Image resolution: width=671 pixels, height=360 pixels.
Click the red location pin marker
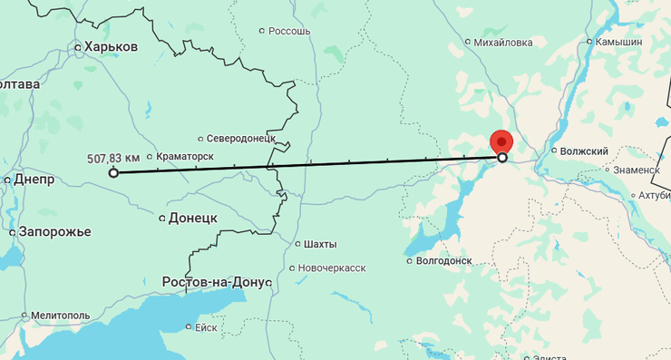tap(501, 141)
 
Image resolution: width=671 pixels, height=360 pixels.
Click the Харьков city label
tap(110, 47)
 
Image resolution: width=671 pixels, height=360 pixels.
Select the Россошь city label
tap(290, 31)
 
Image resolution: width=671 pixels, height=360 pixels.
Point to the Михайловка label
tap(503, 42)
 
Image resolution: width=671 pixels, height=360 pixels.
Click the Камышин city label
tap(618, 42)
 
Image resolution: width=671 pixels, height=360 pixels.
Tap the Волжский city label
tap(583, 151)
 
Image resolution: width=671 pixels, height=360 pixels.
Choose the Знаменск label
tap(635, 170)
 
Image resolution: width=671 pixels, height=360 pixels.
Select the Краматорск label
tap(184, 157)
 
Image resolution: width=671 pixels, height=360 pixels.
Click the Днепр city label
tap(33, 180)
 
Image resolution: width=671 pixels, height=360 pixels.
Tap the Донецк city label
tap(193, 219)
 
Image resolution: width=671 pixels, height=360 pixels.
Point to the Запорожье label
tap(56, 232)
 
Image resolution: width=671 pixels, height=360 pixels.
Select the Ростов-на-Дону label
tap(216, 282)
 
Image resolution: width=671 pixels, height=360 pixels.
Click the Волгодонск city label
tap(442, 261)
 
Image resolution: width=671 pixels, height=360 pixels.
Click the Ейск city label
tap(205, 327)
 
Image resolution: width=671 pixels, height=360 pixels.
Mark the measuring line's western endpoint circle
tap(113, 172)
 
